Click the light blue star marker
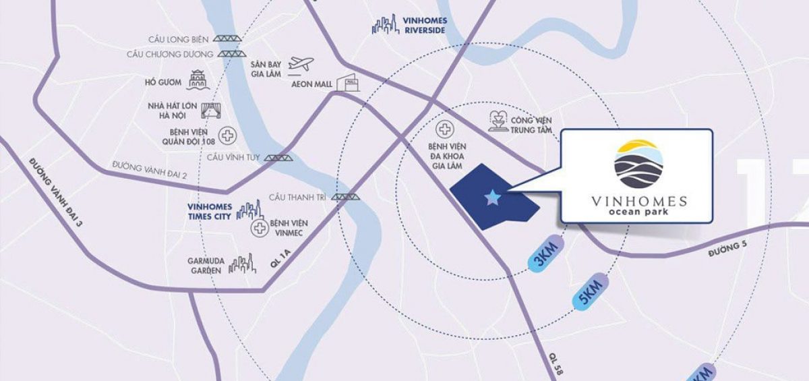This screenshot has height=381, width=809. coord(493,198)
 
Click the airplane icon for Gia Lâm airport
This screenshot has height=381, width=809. coord(301,64)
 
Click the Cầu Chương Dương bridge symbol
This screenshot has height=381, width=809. coord(231,54)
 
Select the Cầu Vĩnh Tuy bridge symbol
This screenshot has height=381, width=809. coord(278,157)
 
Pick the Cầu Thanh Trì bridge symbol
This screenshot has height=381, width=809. coord(346,197)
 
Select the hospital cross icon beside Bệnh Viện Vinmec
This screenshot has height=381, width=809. coord(258,229)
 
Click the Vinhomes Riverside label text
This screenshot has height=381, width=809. coord(425,25)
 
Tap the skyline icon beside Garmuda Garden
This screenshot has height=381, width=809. coord(243,264)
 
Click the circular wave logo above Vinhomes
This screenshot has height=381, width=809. coord(638,163)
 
